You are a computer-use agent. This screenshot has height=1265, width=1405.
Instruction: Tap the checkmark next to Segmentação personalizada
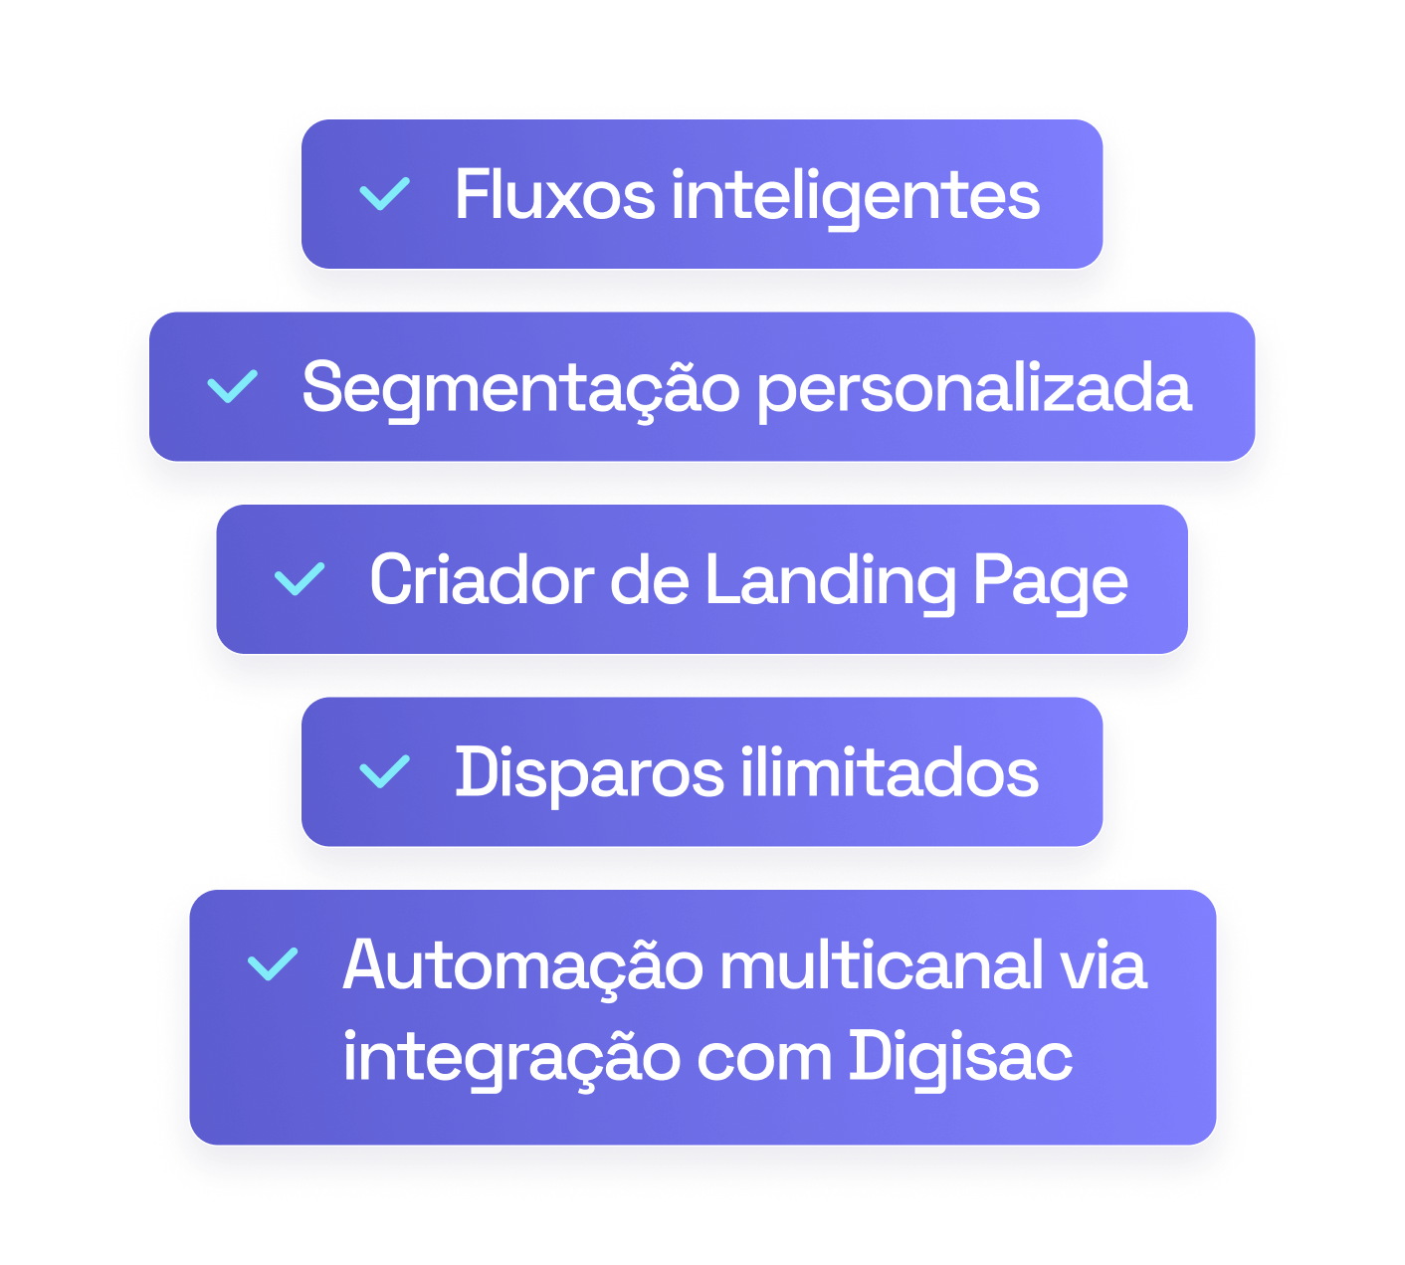(x=232, y=386)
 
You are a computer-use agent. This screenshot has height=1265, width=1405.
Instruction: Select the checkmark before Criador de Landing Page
(x=300, y=579)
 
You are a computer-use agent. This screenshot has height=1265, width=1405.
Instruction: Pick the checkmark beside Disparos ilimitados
(x=384, y=771)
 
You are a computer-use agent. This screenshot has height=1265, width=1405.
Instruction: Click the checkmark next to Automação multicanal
(x=272, y=963)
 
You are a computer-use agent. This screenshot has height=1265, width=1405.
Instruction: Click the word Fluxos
(x=554, y=194)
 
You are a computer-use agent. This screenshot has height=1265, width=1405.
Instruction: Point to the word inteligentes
(x=855, y=196)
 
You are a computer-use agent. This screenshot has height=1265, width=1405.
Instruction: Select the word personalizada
(x=973, y=388)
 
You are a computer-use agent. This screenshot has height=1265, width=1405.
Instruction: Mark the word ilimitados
(x=889, y=772)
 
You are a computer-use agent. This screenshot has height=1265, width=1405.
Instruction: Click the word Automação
(x=522, y=965)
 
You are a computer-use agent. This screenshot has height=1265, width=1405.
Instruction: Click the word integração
(x=508, y=1057)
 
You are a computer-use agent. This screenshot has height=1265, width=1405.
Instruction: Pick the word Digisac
(x=960, y=1057)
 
